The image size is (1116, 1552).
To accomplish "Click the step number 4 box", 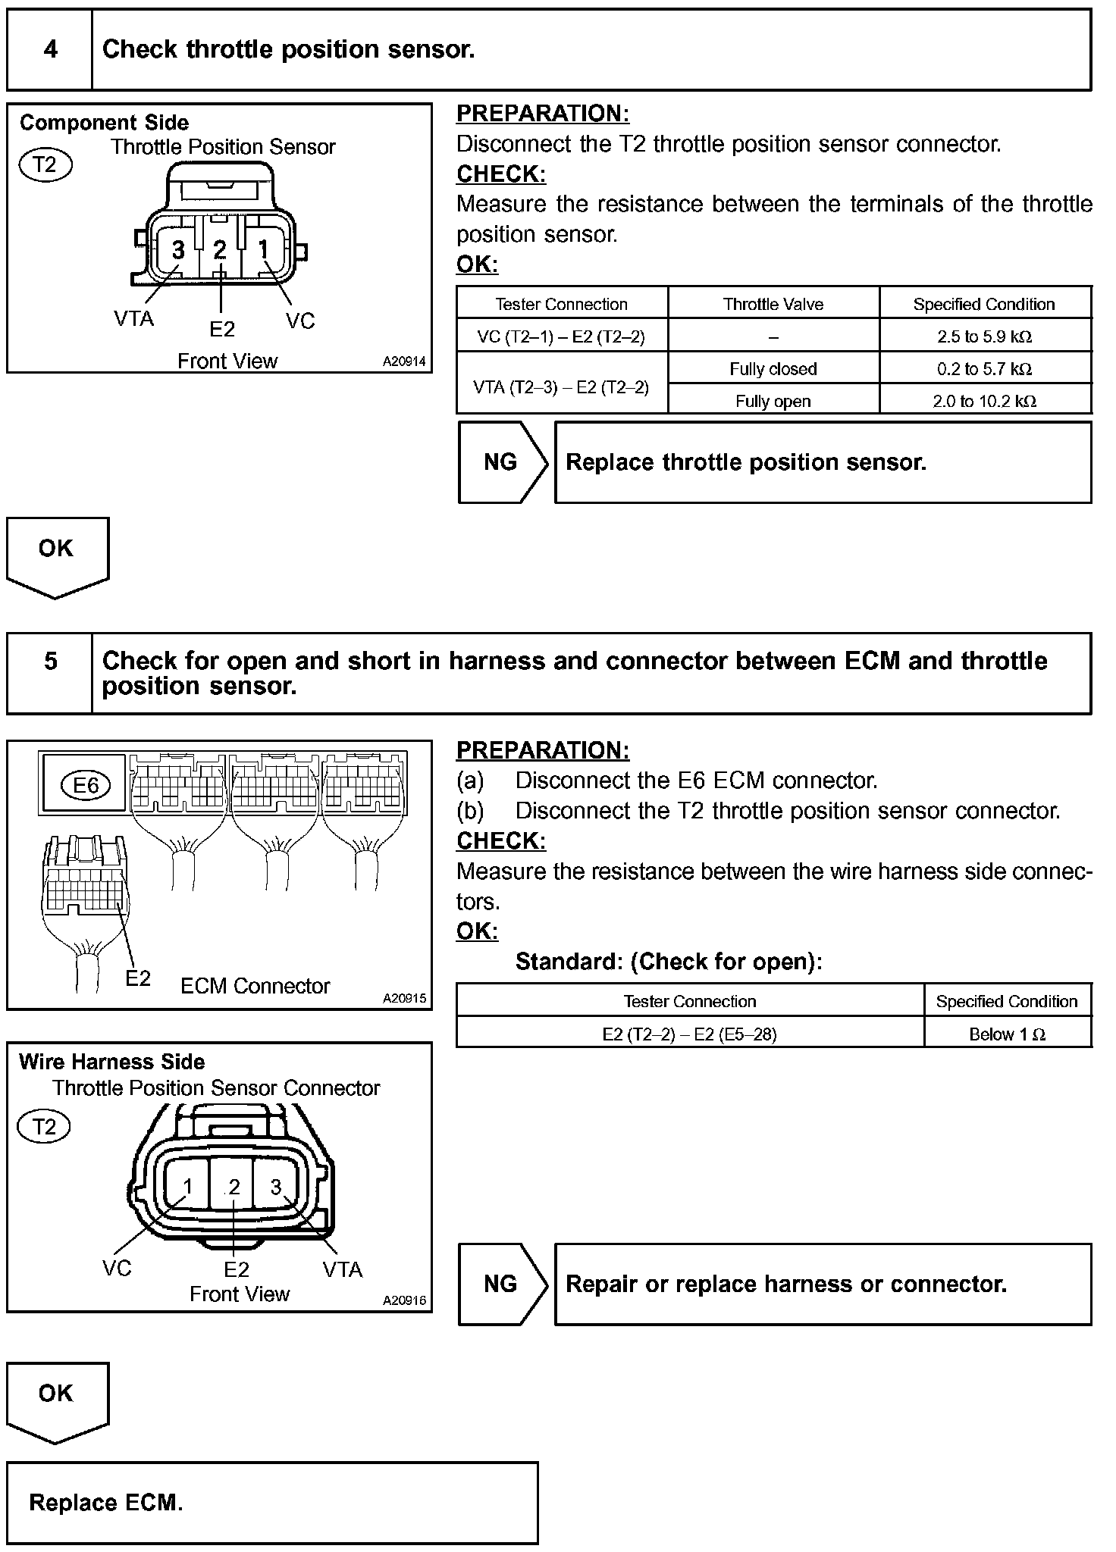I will [50, 50].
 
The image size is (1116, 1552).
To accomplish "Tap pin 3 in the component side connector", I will [178, 250].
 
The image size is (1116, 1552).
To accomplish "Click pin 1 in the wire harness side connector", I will [188, 1187].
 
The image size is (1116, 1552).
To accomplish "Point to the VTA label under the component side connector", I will [133, 318].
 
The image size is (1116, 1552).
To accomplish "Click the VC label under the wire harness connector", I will [117, 1269].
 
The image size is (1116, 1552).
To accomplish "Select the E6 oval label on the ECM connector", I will [86, 785].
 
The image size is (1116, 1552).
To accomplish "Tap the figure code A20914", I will [404, 362].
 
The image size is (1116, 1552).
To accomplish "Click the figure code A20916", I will [404, 1300].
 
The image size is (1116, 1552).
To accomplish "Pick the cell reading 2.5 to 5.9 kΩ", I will [985, 336].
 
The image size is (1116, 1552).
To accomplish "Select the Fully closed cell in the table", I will [773, 369].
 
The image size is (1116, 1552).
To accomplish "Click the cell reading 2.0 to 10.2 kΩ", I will [985, 401].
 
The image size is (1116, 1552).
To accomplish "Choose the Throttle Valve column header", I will [773, 304].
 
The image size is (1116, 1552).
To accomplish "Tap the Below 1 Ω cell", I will [1008, 1034].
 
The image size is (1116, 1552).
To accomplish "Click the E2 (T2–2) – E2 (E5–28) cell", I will [690, 1034].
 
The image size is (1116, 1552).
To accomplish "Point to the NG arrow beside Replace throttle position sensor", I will [502, 462].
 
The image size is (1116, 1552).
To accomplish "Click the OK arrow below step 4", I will [57, 553].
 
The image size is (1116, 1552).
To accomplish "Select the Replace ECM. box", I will [272, 1503].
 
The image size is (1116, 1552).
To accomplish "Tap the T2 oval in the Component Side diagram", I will [45, 164].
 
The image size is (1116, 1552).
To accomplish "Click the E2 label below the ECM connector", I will [138, 978].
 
